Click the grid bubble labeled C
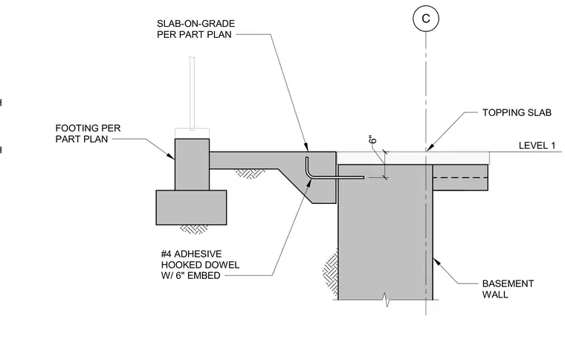pos(426,19)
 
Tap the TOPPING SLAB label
pos(517,113)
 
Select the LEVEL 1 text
pos(537,146)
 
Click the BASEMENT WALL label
pos(508,289)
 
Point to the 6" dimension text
pos(373,139)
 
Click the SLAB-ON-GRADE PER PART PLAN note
pos(196,29)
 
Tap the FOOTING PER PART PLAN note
pos(88,134)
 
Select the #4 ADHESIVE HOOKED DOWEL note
pos(200,265)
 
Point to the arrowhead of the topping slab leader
pos(430,147)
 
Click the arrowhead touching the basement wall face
pos(436,261)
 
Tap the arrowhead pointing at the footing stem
pos(170,155)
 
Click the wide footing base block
pos(191,208)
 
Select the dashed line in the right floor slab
pos(460,178)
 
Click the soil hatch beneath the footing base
pos(194,230)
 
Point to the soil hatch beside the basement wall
pos(330,273)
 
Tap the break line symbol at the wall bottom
pos(387,300)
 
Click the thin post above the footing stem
pos(192,93)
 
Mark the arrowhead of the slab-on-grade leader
pos(306,147)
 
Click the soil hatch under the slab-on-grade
pos(250,174)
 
